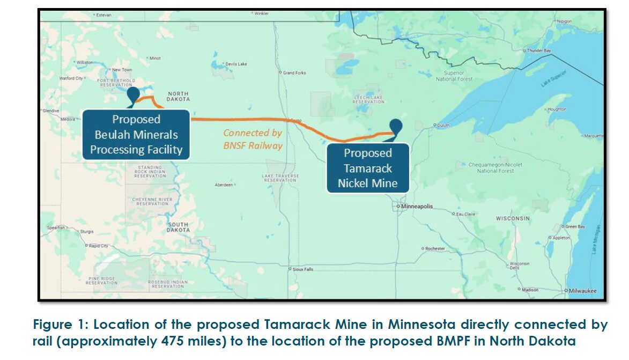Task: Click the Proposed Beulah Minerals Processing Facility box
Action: click(136, 134)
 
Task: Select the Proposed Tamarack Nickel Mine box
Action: click(368, 168)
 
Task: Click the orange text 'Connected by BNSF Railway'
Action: click(253, 138)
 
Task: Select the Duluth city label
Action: click(443, 125)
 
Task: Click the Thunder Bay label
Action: click(539, 50)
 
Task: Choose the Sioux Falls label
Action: click(303, 269)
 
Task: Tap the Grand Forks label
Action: click(294, 72)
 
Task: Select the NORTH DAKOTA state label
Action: click(179, 96)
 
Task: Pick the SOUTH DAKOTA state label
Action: click(179, 227)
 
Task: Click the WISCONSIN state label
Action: click(513, 218)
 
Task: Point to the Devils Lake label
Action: click(236, 64)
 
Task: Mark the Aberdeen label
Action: click(224, 184)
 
